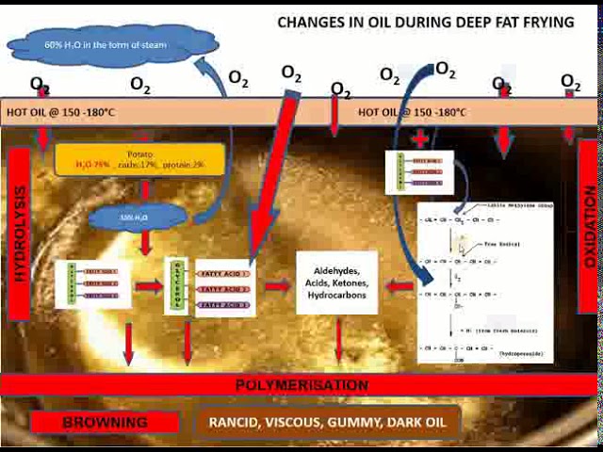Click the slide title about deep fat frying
[x=425, y=22]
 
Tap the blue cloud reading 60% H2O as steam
[x=113, y=43]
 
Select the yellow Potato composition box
[x=139, y=159]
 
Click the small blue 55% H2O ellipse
[x=135, y=218]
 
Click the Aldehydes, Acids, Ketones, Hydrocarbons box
[x=336, y=282]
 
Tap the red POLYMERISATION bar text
[x=301, y=385]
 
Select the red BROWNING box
[x=105, y=422]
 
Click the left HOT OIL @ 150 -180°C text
[x=60, y=112]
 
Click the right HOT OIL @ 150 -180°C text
[x=412, y=112]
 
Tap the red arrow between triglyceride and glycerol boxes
[x=148, y=286]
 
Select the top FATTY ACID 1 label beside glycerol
[x=224, y=273]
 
